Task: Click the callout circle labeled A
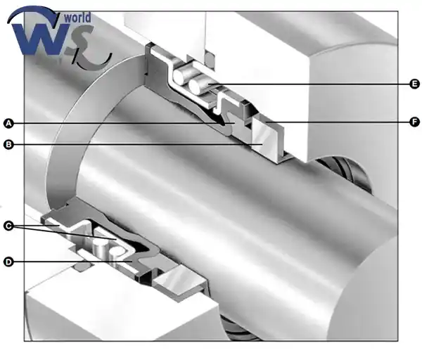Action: (8, 124)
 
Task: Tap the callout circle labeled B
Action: (8, 145)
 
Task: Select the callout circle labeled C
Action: (8, 226)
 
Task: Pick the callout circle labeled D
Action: (8, 262)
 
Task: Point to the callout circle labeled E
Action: (414, 84)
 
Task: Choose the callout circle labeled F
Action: (414, 122)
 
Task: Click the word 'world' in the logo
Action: (77, 18)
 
